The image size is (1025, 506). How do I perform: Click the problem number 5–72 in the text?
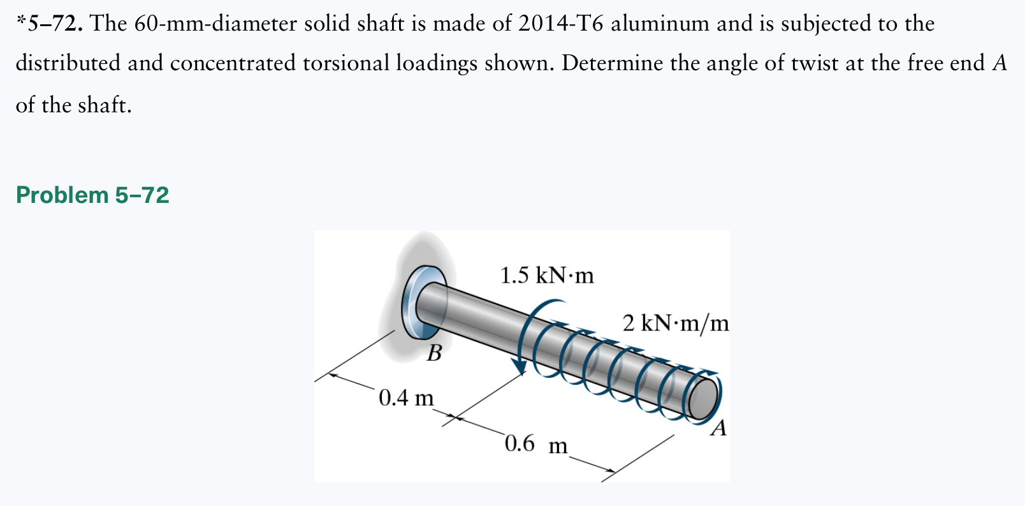pyautogui.click(x=54, y=24)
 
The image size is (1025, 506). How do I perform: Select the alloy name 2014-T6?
pyautogui.click(x=560, y=24)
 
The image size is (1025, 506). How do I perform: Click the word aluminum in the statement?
pyautogui.click(x=660, y=24)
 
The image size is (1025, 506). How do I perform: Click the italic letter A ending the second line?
pyautogui.click(x=1000, y=63)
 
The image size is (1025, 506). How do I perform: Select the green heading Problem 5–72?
pyautogui.click(x=92, y=195)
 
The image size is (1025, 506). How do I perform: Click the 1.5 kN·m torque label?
pyautogui.click(x=546, y=275)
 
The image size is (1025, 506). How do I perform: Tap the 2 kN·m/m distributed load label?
pyautogui.click(x=676, y=323)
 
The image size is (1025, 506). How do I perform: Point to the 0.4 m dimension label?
pyautogui.click(x=406, y=398)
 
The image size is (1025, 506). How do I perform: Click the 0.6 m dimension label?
pyautogui.click(x=535, y=443)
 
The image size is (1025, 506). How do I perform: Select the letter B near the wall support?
pyautogui.click(x=434, y=353)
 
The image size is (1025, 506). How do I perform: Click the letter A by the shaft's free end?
pyautogui.click(x=718, y=428)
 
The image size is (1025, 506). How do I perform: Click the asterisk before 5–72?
pyautogui.click(x=20, y=20)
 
